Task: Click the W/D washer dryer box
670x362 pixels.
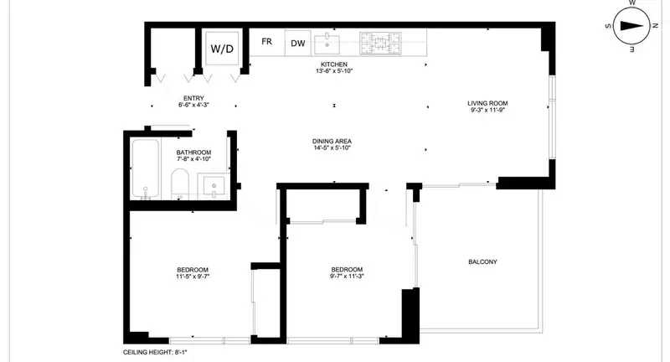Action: pyautogui.click(x=222, y=48)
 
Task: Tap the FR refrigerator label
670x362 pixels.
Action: pyautogui.click(x=266, y=41)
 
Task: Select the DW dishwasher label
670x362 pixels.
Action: pyautogui.click(x=298, y=44)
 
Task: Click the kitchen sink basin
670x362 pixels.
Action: pyautogui.click(x=327, y=44)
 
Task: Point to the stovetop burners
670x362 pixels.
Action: pyautogui.click(x=380, y=44)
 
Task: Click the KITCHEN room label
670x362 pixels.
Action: pyautogui.click(x=334, y=65)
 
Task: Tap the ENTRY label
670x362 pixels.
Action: pyautogui.click(x=193, y=98)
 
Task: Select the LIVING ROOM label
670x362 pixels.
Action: pyautogui.click(x=487, y=103)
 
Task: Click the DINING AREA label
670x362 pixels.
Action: pyautogui.click(x=332, y=142)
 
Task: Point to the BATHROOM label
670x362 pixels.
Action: pyautogui.click(x=193, y=153)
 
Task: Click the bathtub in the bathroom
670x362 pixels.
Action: pyautogui.click(x=145, y=168)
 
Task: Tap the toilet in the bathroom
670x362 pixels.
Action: pyautogui.click(x=180, y=184)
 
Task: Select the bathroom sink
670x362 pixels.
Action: pyautogui.click(x=214, y=185)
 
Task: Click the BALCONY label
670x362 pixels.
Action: pyautogui.click(x=483, y=262)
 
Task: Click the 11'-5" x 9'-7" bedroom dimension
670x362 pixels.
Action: pyautogui.click(x=193, y=277)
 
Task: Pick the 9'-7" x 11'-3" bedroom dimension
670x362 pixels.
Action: pyautogui.click(x=347, y=276)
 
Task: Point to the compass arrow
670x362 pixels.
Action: pyautogui.click(x=631, y=26)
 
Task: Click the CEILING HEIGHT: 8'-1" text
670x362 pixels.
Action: pyautogui.click(x=155, y=353)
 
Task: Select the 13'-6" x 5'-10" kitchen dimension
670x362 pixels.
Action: pyautogui.click(x=334, y=71)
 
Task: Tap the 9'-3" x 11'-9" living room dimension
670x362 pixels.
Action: pyautogui.click(x=487, y=110)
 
